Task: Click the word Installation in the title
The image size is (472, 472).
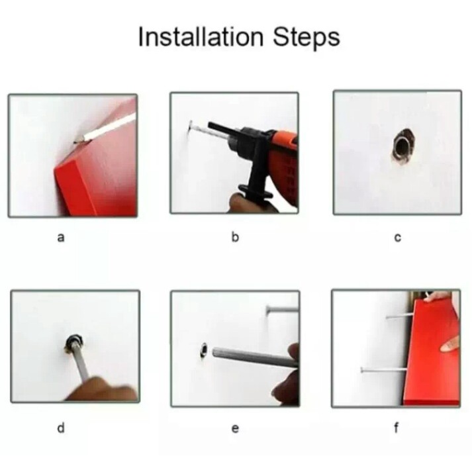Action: point(201,36)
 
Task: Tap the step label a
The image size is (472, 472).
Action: point(61,238)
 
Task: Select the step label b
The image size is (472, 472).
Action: point(235,237)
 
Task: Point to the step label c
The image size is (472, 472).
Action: point(397,238)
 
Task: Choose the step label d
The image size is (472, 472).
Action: point(61,427)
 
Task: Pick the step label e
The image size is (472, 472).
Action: point(235,428)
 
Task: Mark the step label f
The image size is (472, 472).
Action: point(397,427)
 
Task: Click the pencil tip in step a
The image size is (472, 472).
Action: point(75,142)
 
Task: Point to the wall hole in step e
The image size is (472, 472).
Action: point(204,350)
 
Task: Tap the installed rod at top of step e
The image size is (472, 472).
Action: point(282,308)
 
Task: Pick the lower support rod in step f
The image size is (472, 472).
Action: point(383,369)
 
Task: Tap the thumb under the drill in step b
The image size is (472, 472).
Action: point(238,203)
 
